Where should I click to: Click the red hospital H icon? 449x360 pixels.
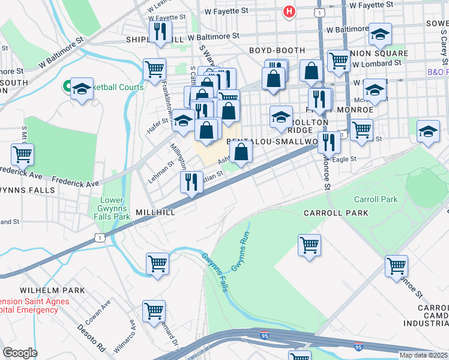point(289,11)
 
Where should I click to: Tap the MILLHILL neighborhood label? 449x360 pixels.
point(155,213)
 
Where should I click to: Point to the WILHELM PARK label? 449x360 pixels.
point(52,290)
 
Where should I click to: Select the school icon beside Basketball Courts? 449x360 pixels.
point(82,90)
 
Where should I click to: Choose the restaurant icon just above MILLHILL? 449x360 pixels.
point(191,182)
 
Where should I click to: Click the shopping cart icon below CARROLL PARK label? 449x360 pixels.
point(309,245)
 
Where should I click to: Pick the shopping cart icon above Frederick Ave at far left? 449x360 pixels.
point(22,154)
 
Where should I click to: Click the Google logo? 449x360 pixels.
point(20,353)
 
